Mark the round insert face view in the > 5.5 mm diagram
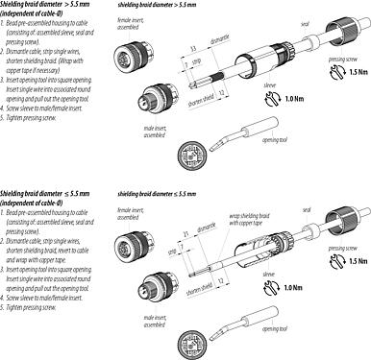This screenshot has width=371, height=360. [185, 154]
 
